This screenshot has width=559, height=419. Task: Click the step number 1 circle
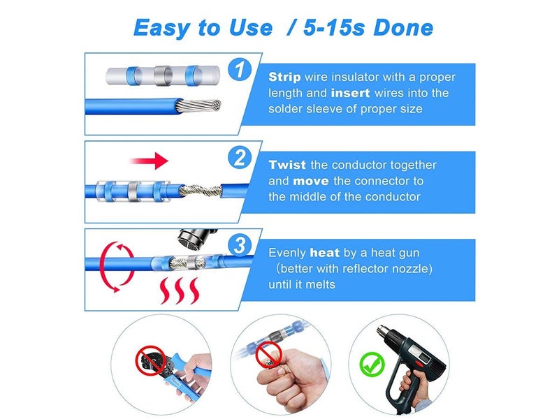coord(240,70)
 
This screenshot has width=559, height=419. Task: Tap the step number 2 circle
coord(240,158)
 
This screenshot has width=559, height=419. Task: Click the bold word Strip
coord(285,77)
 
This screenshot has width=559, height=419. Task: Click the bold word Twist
coord(286,165)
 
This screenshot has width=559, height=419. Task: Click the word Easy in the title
coord(161,28)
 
